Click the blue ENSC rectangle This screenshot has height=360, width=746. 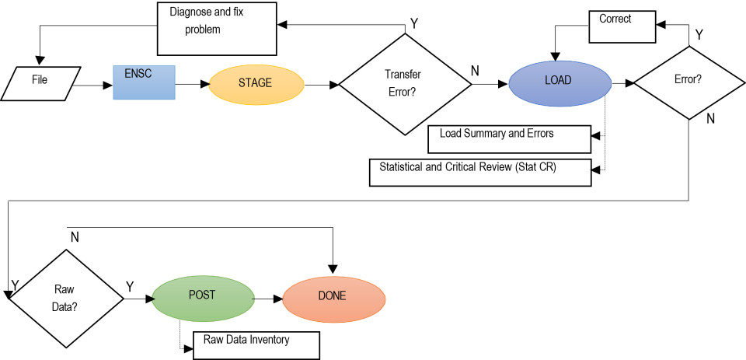click(145, 83)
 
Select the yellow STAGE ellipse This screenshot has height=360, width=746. click(256, 84)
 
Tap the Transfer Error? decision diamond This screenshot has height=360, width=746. click(404, 84)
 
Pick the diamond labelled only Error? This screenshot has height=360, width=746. click(689, 80)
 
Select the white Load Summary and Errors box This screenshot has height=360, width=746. click(509, 139)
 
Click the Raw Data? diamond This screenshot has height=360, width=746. click(66, 299)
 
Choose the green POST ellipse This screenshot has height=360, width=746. click(203, 297)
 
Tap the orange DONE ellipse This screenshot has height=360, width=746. click(333, 299)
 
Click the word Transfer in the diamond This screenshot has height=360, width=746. click(403, 75)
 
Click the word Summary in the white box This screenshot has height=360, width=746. click(483, 134)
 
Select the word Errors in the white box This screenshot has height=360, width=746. click(539, 134)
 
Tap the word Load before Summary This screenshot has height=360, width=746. click(451, 134)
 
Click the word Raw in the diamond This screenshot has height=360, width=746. click(64, 290)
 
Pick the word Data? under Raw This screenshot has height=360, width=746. click(64, 306)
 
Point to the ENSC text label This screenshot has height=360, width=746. click(138, 73)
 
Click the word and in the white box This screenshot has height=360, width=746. click(516, 134)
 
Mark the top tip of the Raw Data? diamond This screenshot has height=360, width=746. click(67, 251)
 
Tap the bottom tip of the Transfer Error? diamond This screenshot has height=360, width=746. click(404, 133)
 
